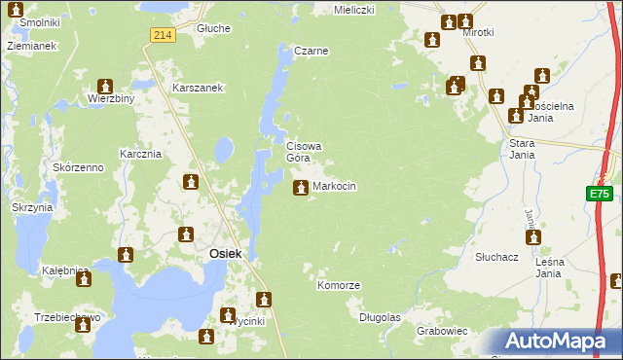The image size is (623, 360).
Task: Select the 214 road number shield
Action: point(163,35)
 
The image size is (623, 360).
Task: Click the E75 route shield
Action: point(599,195)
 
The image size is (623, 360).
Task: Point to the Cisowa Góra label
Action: point(303,152)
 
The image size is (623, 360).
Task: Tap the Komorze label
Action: point(339,285)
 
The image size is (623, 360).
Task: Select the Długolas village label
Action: point(380,317)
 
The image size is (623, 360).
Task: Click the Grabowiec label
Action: point(442,331)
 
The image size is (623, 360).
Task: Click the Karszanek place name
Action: point(199,88)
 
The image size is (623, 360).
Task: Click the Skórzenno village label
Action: point(79,167)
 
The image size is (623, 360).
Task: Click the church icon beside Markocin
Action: point(300,186)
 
